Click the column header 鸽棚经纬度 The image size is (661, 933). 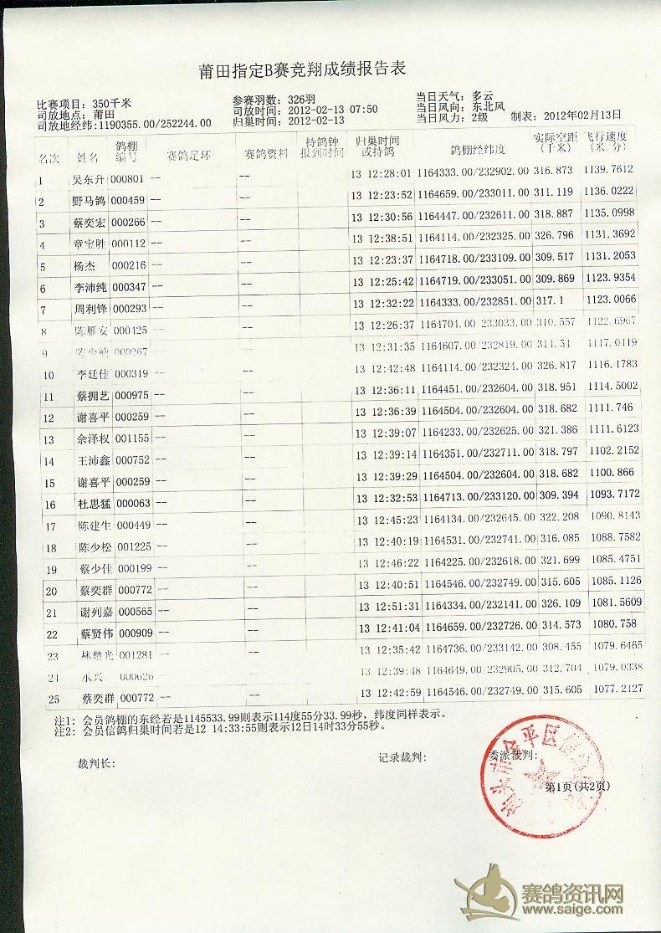point(478,150)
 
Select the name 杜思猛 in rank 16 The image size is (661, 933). point(90,504)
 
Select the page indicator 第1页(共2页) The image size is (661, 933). point(577,787)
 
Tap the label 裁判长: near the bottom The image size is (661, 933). point(96,762)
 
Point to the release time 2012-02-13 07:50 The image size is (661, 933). point(332,109)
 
